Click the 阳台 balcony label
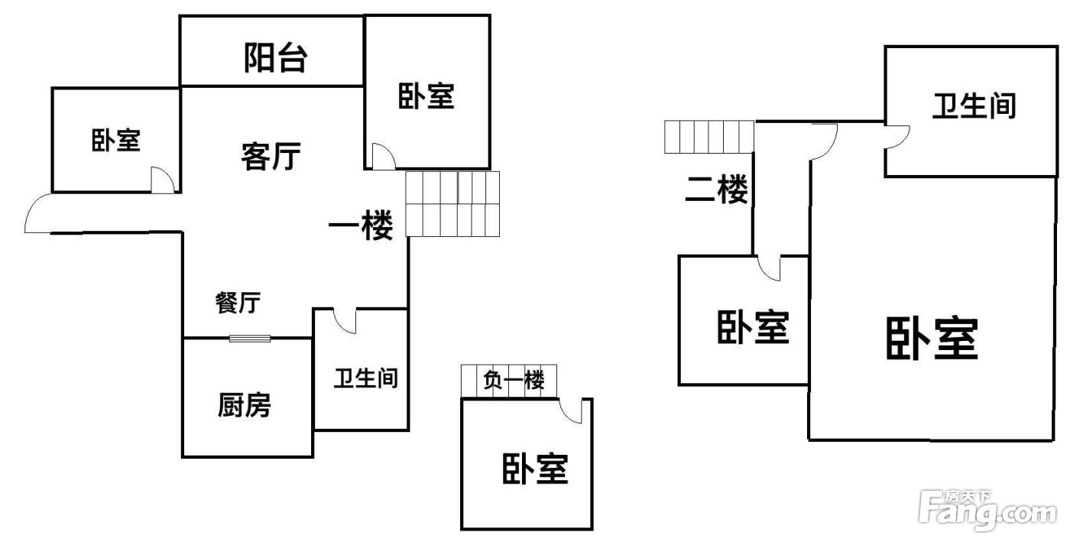pyautogui.click(x=275, y=58)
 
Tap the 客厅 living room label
pyautogui.click(x=271, y=157)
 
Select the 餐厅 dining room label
pyautogui.click(x=238, y=303)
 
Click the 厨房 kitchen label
pyautogui.click(x=244, y=405)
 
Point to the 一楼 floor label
pyautogui.click(x=361, y=226)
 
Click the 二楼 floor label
pyautogui.click(x=716, y=190)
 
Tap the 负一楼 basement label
pyautogui.click(x=514, y=380)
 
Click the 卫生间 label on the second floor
pyautogui.click(x=974, y=105)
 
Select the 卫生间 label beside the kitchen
pyautogui.click(x=365, y=378)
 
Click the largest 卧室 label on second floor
pyautogui.click(x=932, y=339)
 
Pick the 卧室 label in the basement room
pyautogui.click(x=535, y=469)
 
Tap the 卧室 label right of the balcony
pyautogui.click(x=426, y=97)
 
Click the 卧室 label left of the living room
pyautogui.click(x=116, y=141)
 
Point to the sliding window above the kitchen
pyautogui.click(x=250, y=338)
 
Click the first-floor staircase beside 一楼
pyautogui.click(x=452, y=203)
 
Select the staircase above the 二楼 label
pyautogui.click(x=708, y=137)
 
